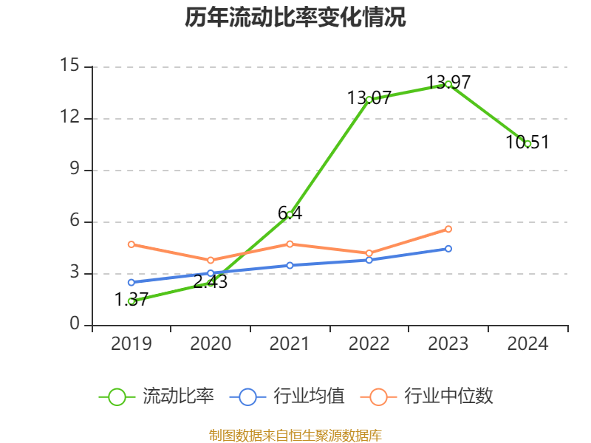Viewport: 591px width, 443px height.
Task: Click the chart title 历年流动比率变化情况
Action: [x=295, y=18]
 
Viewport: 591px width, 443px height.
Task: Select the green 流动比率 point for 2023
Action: [x=448, y=84]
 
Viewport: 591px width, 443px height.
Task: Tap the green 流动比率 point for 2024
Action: [x=527, y=143]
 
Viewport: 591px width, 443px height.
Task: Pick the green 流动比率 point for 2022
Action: [x=369, y=99]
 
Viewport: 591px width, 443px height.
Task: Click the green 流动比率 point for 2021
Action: [x=290, y=214]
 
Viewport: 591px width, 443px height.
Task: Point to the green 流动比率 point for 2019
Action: [x=131, y=301]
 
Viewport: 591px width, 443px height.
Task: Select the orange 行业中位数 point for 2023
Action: [x=448, y=229]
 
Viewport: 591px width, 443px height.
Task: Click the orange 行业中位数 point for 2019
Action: [x=131, y=244]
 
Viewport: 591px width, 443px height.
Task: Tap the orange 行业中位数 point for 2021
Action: [x=290, y=244]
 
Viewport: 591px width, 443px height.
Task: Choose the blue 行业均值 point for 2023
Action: [x=448, y=249]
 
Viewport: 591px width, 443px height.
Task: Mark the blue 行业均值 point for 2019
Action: [x=131, y=282]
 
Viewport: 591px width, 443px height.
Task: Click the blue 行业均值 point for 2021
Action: [x=290, y=265]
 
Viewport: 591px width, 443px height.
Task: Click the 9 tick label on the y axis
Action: [x=74, y=170]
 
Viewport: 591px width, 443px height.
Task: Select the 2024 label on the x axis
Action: [x=527, y=344]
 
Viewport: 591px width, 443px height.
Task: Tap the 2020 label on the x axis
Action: [x=211, y=344]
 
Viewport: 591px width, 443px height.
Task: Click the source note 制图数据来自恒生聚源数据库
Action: [x=295, y=435]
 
